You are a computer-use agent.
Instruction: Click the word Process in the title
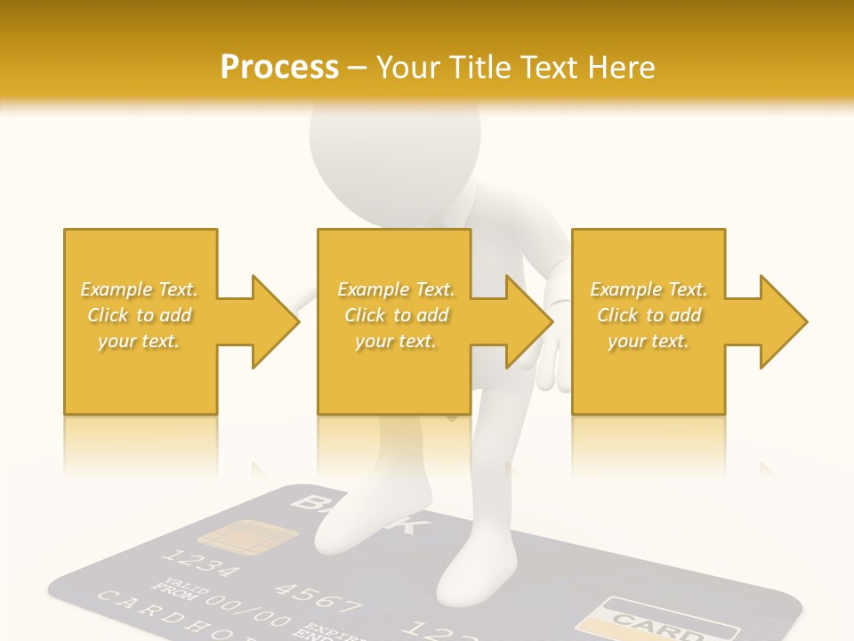point(279,67)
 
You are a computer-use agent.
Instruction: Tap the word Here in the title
point(620,67)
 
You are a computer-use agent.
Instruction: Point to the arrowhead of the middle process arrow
point(530,321)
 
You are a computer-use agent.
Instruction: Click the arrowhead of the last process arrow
point(784,321)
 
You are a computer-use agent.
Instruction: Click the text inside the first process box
point(140,315)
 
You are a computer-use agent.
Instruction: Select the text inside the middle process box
point(395,315)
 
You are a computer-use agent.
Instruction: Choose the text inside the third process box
point(648,315)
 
